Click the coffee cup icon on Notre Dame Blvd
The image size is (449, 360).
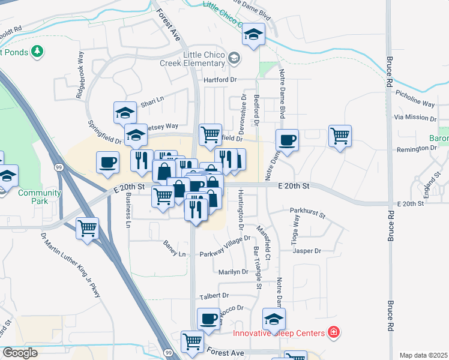point(287,140)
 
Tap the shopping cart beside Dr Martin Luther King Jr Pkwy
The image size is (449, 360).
point(88,229)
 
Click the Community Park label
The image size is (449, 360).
point(40,197)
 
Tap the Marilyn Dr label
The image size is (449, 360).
point(233,272)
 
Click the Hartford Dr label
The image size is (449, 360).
point(220,79)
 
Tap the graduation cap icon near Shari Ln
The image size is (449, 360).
point(125,112)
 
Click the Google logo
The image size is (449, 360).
point(20,353)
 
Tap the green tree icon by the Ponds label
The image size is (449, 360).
point(38,52)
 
